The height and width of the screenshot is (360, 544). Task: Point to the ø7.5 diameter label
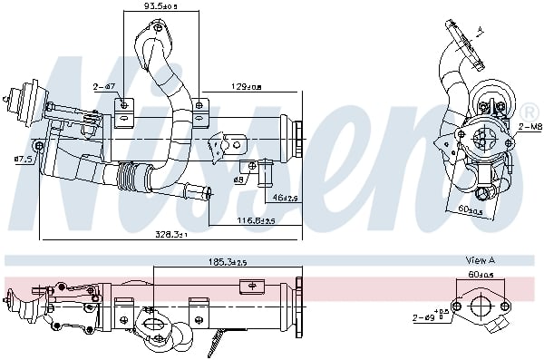pos(23,160)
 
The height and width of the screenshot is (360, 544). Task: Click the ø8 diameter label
pos(239,180)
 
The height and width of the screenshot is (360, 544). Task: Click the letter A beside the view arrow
pos(481,32)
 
